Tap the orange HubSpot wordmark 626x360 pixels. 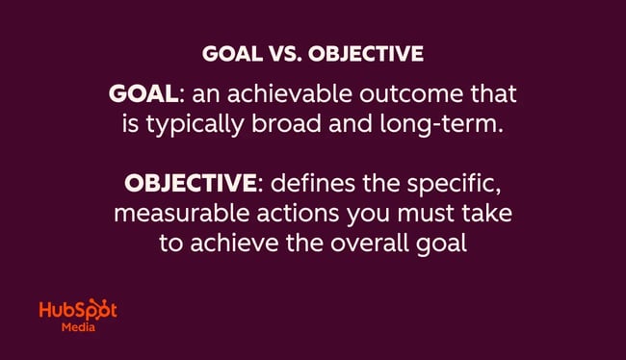click(x=78, y=311)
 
